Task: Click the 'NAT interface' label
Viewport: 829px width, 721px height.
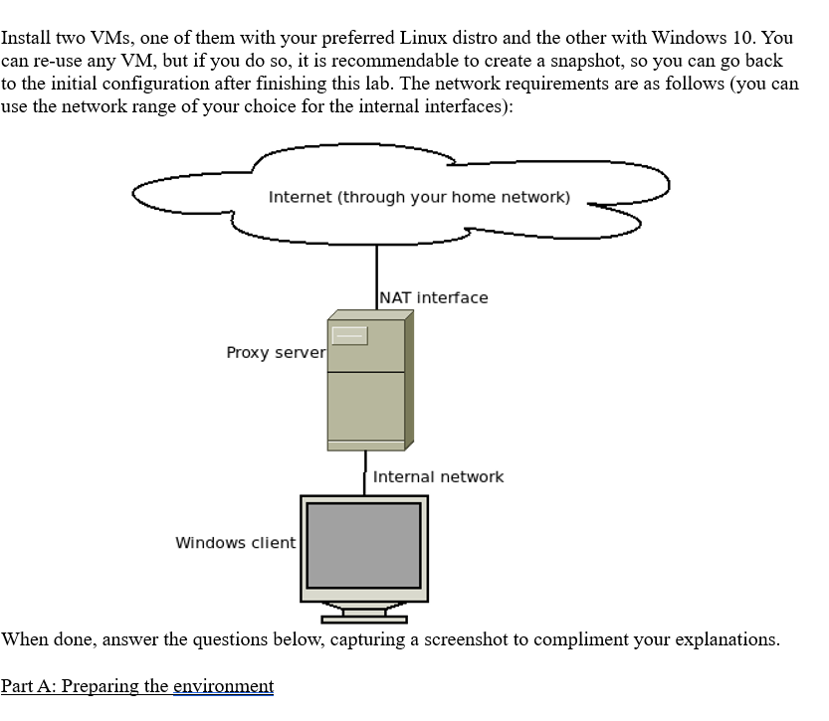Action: tap(434, 297)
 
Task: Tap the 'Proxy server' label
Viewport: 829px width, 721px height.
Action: tap(276, 352)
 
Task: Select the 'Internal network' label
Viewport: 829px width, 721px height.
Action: tap(438, 476)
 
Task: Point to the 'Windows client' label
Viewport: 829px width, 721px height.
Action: tap(235, 542)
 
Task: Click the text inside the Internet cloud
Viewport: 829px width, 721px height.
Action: tap(419, 197)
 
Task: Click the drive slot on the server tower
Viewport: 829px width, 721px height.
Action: tap(349, 335)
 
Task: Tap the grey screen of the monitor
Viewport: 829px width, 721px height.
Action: tap(363, 545)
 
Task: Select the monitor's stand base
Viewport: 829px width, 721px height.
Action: tap(364, 620)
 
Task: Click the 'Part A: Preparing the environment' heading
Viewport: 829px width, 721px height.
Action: tap(137, 686)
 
